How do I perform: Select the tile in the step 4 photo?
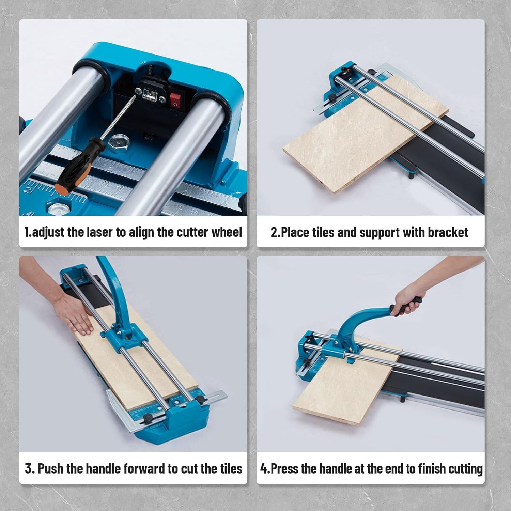coord(344,385)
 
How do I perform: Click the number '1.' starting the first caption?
coord(28,232)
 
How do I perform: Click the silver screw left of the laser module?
coord(139,91)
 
